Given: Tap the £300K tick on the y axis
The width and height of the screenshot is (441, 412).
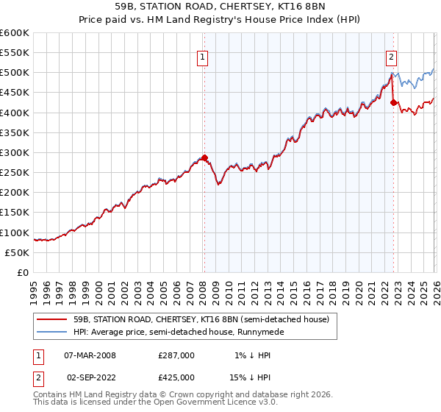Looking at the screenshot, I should point(15,152).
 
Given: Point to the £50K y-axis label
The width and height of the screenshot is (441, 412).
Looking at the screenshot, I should point(17,252).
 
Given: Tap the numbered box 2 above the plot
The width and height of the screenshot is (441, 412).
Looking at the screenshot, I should point(392,57).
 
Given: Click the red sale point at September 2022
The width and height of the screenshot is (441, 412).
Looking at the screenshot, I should point(393,102).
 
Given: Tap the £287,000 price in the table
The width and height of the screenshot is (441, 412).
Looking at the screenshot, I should point(176,355).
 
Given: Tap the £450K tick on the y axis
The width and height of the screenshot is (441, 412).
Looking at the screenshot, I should point(15,93).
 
